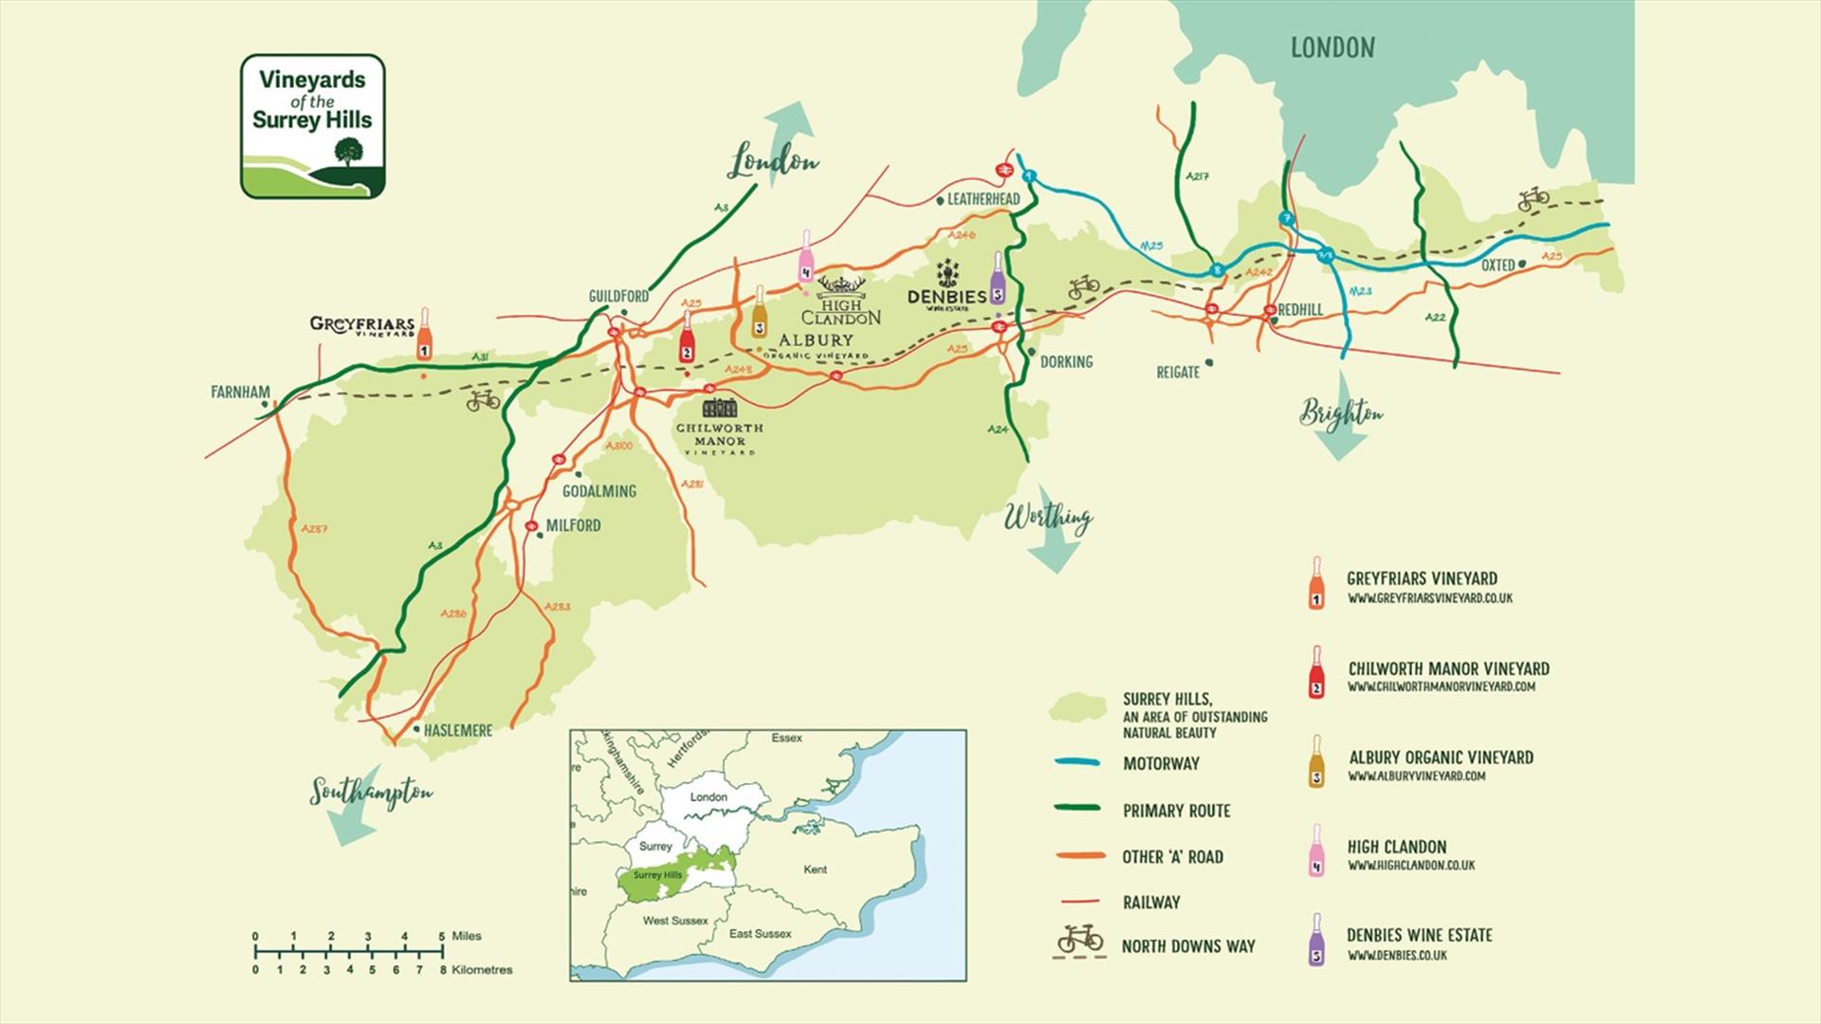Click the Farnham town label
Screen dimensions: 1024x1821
(x=240, y=392)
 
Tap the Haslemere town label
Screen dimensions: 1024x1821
(x=457, y=731)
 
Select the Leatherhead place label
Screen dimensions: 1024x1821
(x=983, y=199)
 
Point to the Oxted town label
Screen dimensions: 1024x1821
(x=1498, y=265)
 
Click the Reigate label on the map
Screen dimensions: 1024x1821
(x=1177, y=373)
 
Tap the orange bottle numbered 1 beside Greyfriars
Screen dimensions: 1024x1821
(x=424, y=334)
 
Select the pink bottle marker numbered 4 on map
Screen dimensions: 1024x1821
(x=805, y=256)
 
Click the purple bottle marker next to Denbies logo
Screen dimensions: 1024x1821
(x=997, y=278)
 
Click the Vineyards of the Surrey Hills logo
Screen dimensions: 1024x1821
(x=312, y=126)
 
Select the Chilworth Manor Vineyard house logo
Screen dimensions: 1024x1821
(x=719, y=408)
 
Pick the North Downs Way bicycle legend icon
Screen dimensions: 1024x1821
(x=1080, y=941)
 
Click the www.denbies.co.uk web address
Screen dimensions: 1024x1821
(x=1397, y=956)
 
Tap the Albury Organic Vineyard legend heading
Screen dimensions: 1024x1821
(x=1441, y=758)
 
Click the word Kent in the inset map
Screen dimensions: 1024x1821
(x=815, y=869)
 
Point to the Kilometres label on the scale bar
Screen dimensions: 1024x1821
(x=482, y=970)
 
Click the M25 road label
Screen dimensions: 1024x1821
(x=1150, y=247)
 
